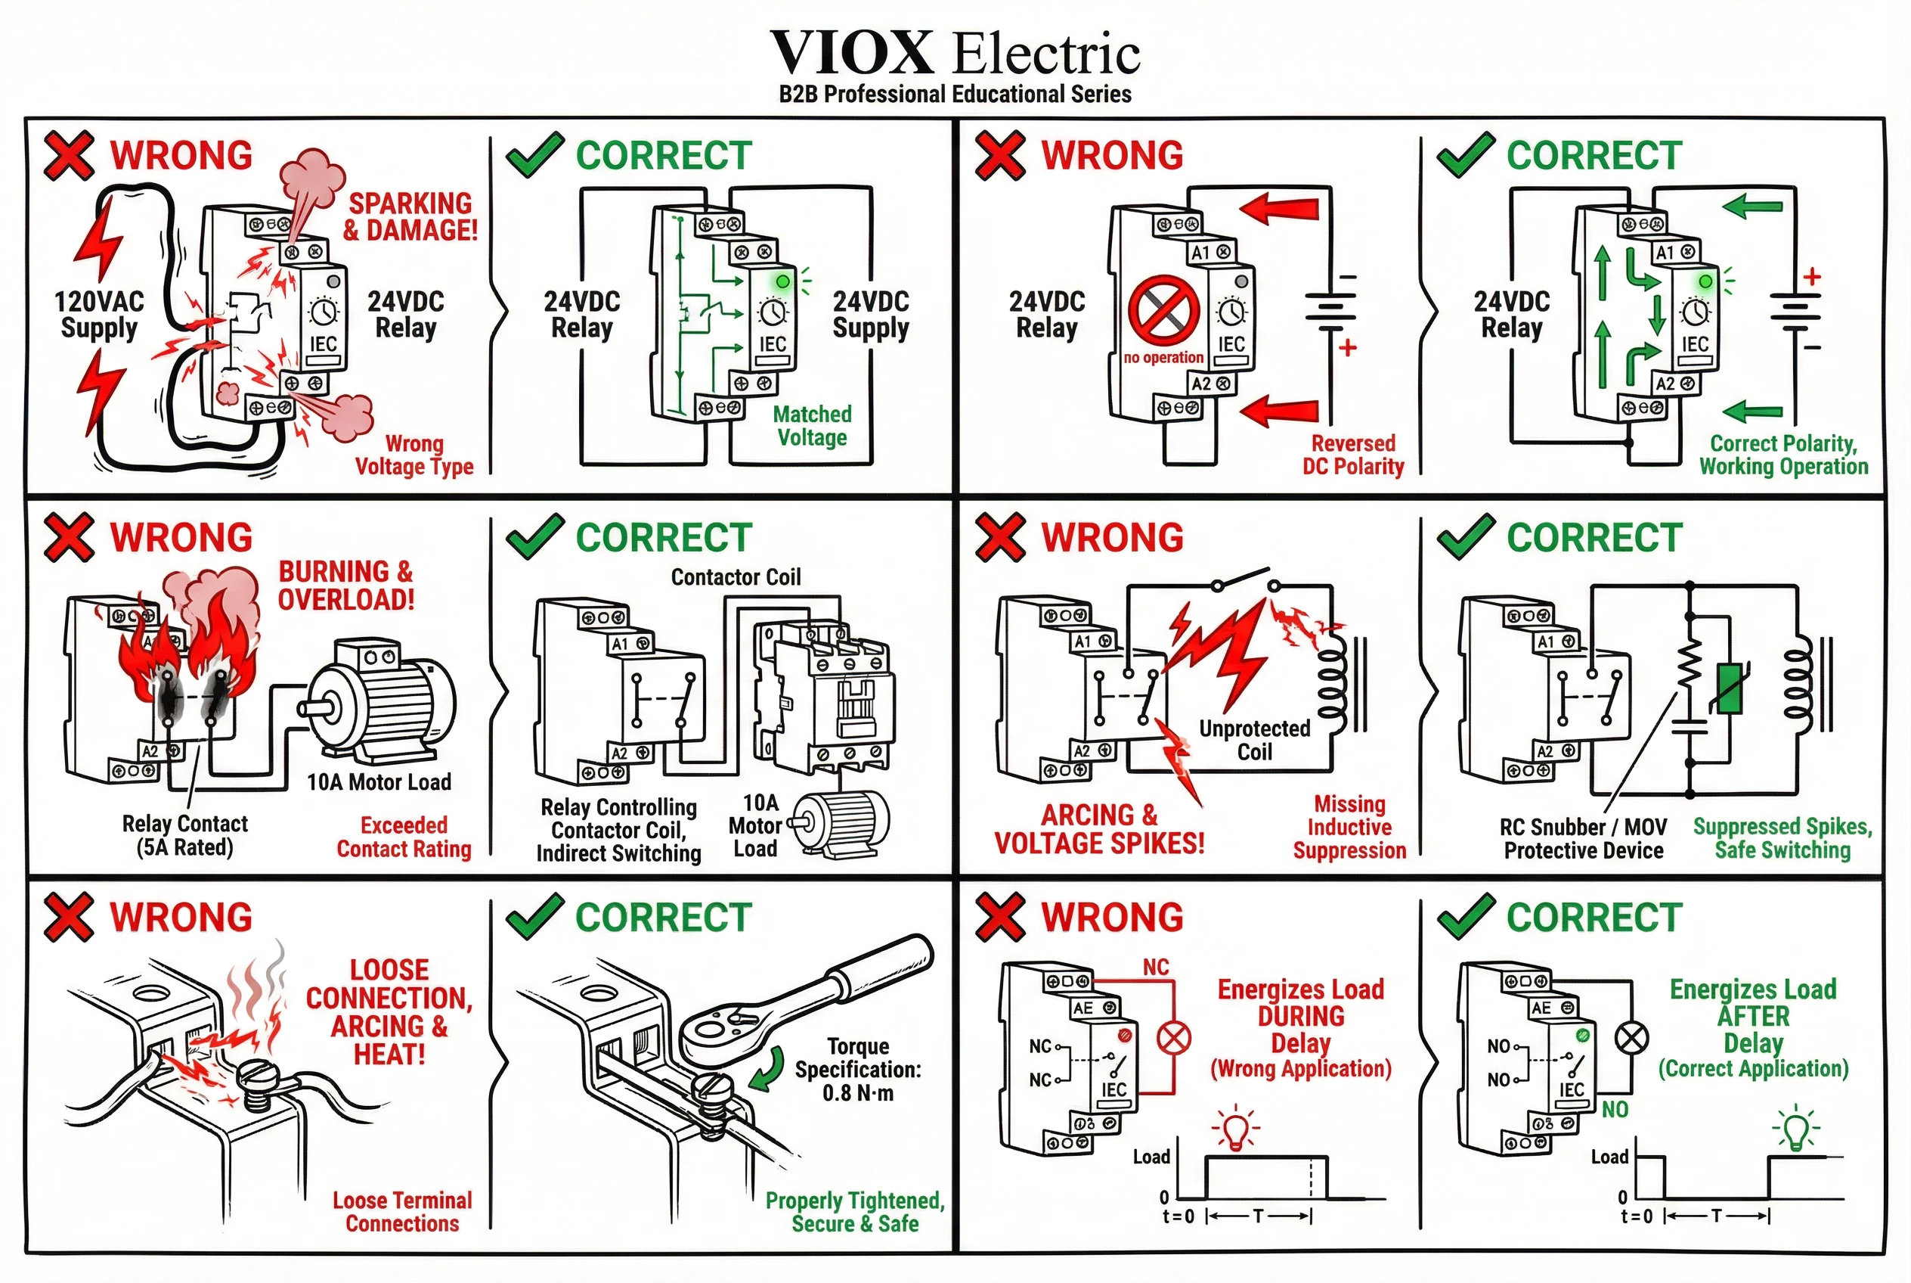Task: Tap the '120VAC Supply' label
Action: click(x=99, y=314)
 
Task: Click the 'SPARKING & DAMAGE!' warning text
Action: click(x=410, y=217)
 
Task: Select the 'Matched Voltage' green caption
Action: click(x=812, y=425)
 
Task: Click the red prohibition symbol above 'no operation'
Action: click(x=1163, y=310)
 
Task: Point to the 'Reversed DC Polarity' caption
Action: click(x=1352, y=455)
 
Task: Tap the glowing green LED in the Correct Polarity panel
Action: click(x=1704, y=281)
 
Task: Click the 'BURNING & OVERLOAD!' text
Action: click(x=346, y=585)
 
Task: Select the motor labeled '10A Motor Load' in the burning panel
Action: click(x=380, y=704)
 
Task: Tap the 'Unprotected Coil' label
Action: click(x=1253, y=740)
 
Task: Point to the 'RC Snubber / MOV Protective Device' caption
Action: click(x=1582, y=839)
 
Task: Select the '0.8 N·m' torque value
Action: click(x=857, y=1093)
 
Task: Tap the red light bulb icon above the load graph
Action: click(x=1234, y=1129)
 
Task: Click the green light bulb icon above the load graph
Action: click(x=1794, y=1129)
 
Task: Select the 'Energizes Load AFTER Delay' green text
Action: click(x=1752, y=1016)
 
